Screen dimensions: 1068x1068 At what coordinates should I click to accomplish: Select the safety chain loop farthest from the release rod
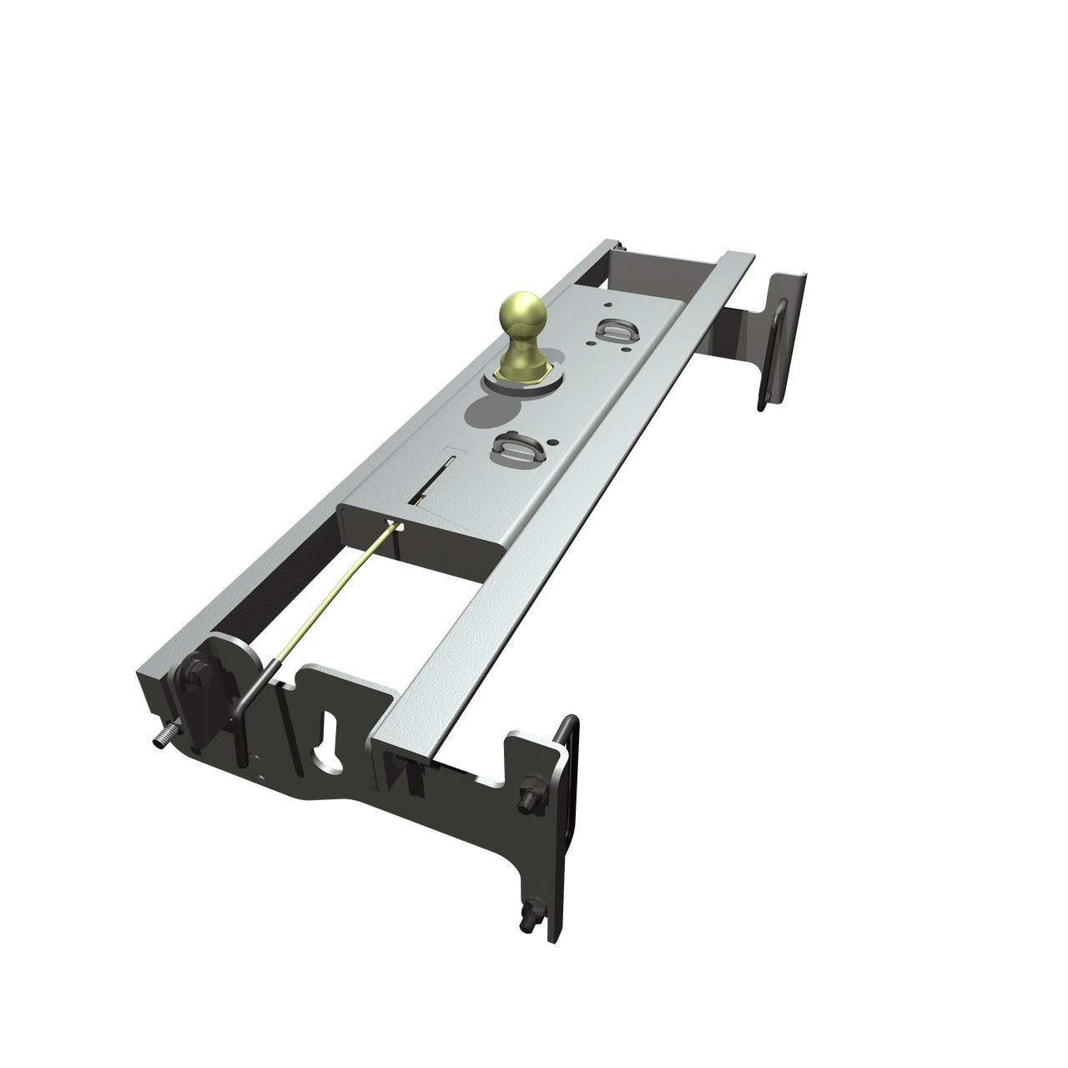613,329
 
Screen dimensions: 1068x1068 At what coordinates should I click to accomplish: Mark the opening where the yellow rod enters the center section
396,527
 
